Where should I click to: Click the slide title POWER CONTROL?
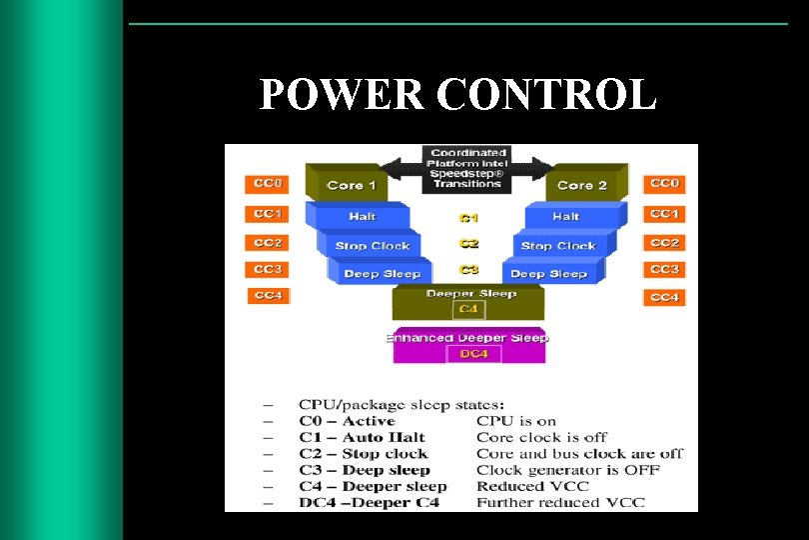457,95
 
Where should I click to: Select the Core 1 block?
352,185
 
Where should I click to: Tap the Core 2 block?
582,185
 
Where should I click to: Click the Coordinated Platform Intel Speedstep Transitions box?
467,168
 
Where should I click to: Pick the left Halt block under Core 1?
363,216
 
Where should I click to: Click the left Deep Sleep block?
382,273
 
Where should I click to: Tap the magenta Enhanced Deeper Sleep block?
467,338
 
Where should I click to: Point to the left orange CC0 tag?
267,184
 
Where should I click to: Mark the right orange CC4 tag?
664,297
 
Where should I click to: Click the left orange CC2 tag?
267,243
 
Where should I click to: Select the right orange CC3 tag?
664,269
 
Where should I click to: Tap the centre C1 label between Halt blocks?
468,218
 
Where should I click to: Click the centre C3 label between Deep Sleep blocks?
468,270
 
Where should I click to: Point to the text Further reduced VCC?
560,502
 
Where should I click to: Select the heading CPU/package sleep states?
401,405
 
